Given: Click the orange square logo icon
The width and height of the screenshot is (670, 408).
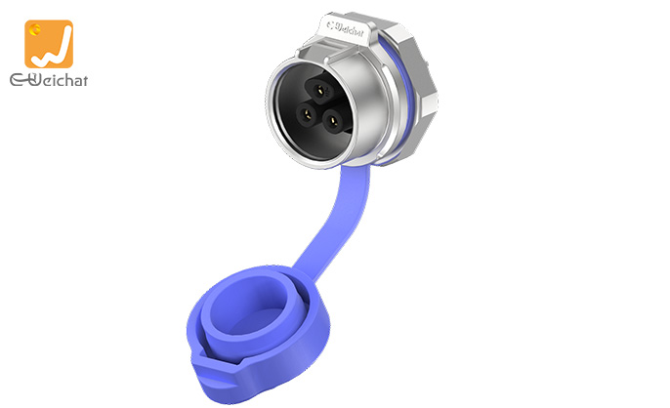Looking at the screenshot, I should click(49, 43).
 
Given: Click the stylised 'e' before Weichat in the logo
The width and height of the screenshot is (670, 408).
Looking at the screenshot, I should click(19, 79).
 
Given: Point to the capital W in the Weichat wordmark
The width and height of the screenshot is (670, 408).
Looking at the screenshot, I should click(36, 78).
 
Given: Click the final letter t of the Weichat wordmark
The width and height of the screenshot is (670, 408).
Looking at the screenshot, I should click(83, 79).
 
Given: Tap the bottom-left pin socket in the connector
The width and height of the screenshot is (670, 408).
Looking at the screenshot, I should click(305, 120).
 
